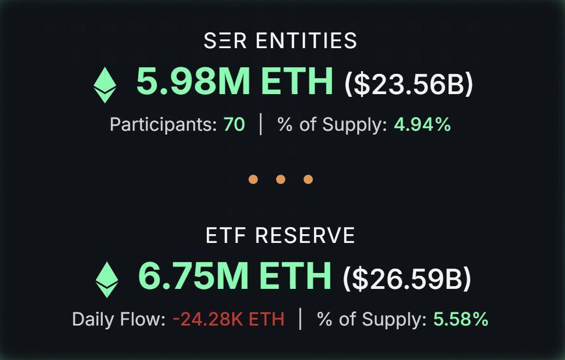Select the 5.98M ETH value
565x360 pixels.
pos(234,82)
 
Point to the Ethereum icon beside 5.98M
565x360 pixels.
pos(104,85)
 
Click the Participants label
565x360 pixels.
pos(163,125)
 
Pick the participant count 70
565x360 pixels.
pos(234,125)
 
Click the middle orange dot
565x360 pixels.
pos(281,179)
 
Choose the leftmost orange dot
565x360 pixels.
pos(253,179)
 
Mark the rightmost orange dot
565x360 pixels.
pos(308,179)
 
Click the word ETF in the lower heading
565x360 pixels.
pos(225,235)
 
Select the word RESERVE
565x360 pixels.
pos(305,235)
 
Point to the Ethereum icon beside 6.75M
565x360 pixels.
pos(107,280)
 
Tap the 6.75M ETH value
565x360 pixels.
pos(235,276)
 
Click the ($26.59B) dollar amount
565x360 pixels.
pos(406,278)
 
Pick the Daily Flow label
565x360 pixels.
pos(118,320)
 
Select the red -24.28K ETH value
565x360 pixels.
pos(229,320)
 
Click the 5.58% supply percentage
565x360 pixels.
pos(461,320)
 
